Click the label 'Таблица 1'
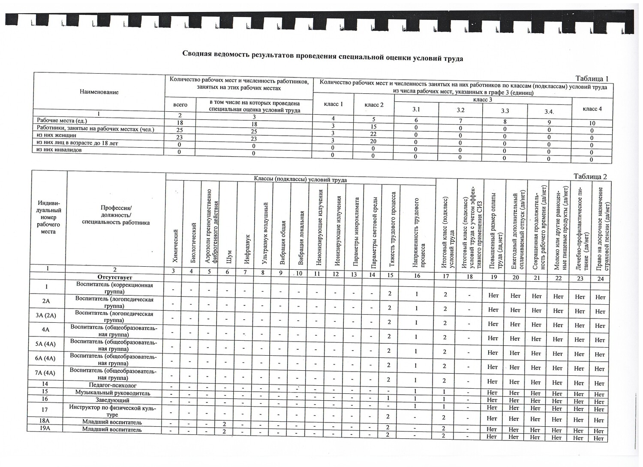pyautogui.click(x=592, y=79)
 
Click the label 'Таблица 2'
pyautogui.click(x=590, y=176)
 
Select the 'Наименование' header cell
pyautogui.click(x=99, y=92)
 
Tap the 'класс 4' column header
pyautogui.click(x=592, y=109)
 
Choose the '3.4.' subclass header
pyautogui.click(x=549, y=111)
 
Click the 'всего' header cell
pyautogui.click(x=180, y=104)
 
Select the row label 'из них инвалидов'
pyautogui.click(x=59, y=150)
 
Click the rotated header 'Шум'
pyautogui.click(x=228, y=256)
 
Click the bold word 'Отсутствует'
pyautogui.click(x=114, y=277)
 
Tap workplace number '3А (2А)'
pyautogui.click(x=46, y=316)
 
